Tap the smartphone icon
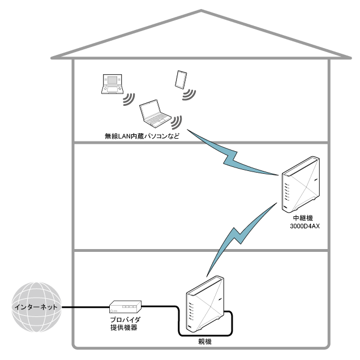181,79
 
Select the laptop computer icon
155,114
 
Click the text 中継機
300,218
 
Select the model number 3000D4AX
300,226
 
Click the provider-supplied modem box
125,307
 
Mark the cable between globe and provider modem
85,307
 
